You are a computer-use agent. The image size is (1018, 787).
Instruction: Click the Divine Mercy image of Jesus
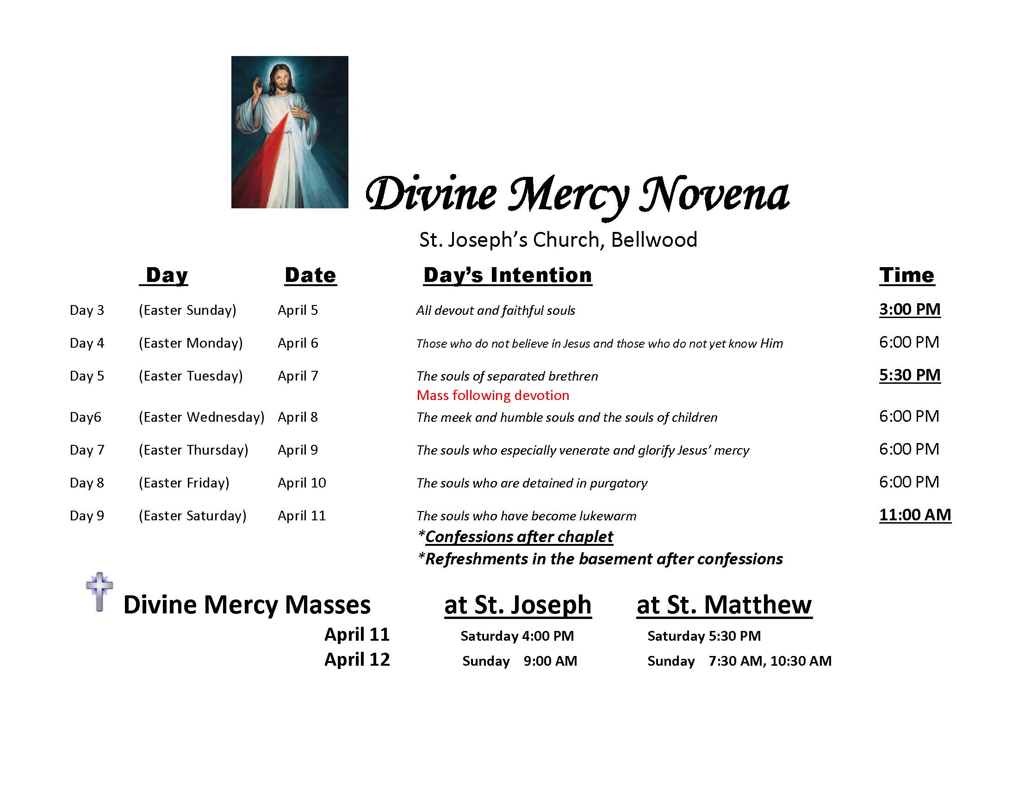(290, 132)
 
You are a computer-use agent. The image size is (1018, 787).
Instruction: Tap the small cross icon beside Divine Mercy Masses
(99, 591)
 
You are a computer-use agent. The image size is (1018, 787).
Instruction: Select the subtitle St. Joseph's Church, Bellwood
(558, 240)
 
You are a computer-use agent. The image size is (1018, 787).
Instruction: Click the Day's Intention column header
(508, 275)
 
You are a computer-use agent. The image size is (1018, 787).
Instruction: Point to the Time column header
(906, 275)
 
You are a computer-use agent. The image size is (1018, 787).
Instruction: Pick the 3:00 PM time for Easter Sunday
(909, 309)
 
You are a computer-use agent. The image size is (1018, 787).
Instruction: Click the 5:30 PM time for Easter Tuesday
(909, 375)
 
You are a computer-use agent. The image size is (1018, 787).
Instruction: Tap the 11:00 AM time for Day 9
(914, 515)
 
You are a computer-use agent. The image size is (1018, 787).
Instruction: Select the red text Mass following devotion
(493, 395)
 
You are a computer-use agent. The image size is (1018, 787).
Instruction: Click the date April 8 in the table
(298, 417)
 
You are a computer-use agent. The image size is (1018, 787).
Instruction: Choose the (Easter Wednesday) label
(201, 417)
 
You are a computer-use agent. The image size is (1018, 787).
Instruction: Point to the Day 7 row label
(87, 450)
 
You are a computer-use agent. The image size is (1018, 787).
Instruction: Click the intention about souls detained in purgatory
(532, 483)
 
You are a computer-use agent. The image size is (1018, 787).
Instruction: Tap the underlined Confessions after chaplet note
(519, 537)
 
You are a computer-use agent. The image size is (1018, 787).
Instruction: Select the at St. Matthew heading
(724, 605)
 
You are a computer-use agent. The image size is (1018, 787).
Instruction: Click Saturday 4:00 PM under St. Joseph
(517, 636)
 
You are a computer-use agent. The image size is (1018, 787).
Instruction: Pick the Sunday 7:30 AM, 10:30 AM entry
(739, 661)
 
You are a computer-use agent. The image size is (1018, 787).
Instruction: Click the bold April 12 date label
(357, 659)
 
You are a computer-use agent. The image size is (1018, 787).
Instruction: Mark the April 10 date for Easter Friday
(302, 483)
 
